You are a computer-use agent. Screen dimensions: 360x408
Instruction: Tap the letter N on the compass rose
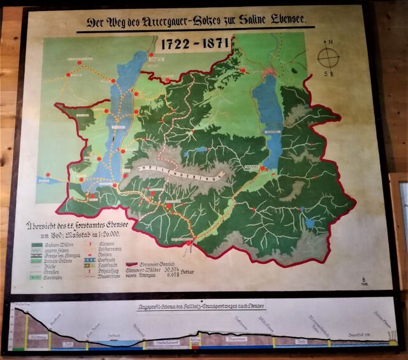(329, 43)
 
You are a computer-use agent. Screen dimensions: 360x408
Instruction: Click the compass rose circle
(328, 58)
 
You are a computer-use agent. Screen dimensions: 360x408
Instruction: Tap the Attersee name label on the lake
(118, 126)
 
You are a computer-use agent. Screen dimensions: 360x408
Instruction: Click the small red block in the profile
(195, 341)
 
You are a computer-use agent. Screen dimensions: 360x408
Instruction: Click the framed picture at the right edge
(400, 223)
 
